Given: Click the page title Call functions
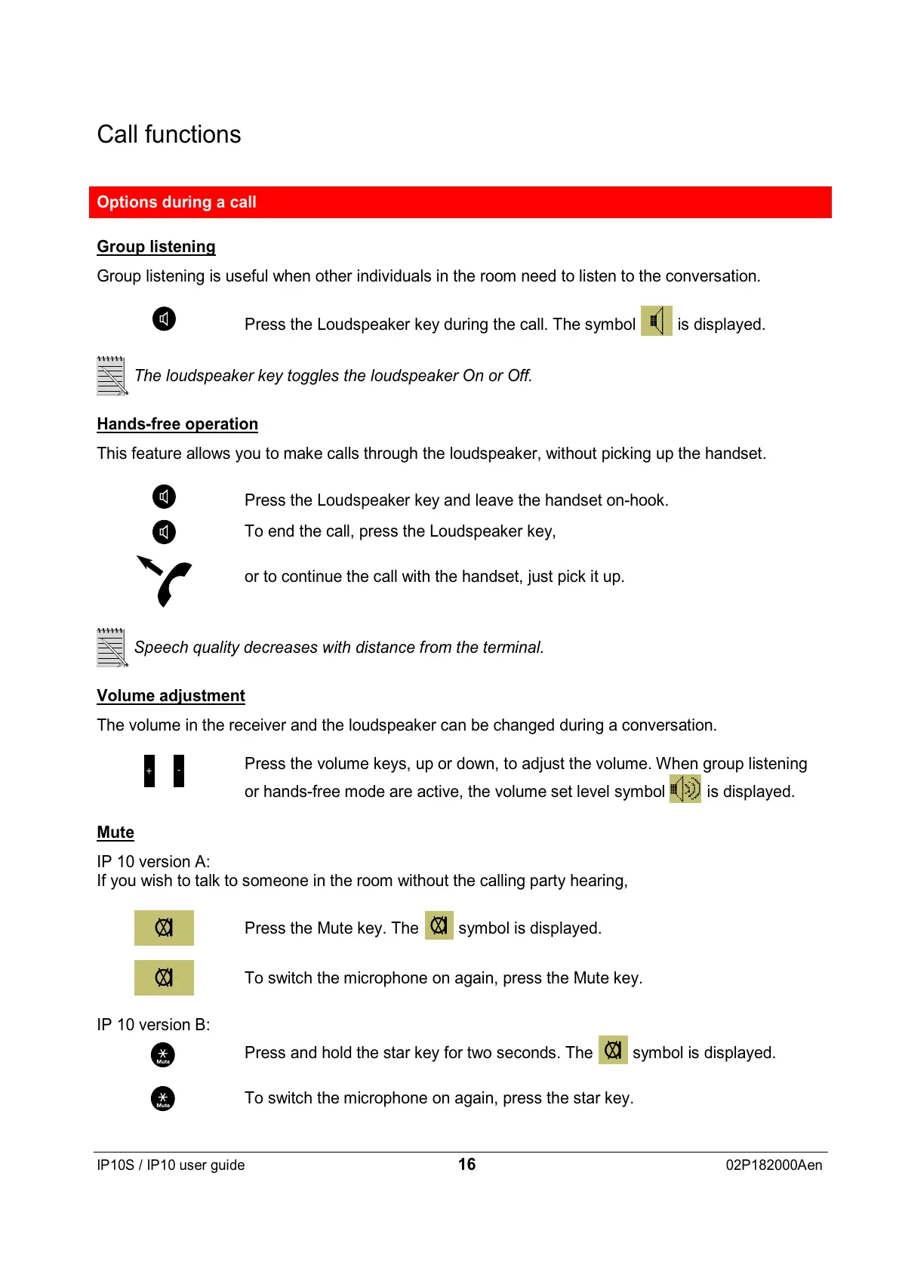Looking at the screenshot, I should tap(169, 134).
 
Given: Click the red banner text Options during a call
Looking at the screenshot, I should tap(177, 202).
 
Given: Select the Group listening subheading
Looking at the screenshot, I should tap(156, 247).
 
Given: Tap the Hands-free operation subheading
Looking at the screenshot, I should tap(177, 424).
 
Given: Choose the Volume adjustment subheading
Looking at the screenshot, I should tap(171, 696).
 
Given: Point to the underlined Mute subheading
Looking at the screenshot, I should tap(115, 832).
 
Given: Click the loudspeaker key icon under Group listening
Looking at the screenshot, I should tap(164, 319).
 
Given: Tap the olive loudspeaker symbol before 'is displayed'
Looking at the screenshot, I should tap(656, 321).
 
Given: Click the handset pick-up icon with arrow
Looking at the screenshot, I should tap(165, 580).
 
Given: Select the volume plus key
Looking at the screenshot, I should tap(149, 771).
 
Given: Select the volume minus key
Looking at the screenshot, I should tap(179, 771).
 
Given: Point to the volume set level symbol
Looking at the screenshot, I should tap(685, 789).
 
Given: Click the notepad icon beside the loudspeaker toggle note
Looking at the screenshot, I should tap(112, 376).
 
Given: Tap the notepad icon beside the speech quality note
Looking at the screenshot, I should tap(112, 648).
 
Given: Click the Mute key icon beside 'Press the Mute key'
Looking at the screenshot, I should tap(164, 928).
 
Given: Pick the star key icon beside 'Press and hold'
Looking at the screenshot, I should tap(163, 1054).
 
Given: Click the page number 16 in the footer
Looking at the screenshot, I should tap(466, 1165).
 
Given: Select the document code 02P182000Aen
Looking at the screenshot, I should tap(774, 1165).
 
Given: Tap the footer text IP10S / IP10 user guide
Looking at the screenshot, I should tap(171, 1165).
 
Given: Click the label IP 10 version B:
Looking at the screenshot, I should tap(153, 1025).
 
